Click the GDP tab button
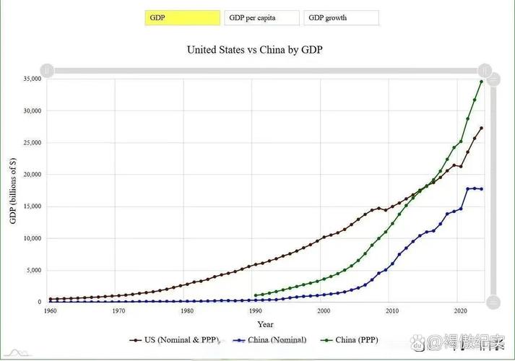pyautogui.click(x=182, y=18)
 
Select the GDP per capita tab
pyautogui.click(x=262, y=18)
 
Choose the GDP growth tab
pyautogui.click(x=341, y=18)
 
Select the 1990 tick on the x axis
pyautogui.click(x=255, y=310)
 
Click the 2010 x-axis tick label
pyautogui.click(x=392, y=310)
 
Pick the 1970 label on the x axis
pyautogui.click(x=118, y=310)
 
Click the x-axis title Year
pyautogui.click(x=265, y=324)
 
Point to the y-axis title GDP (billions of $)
pyautogui.click(x=13, y=190)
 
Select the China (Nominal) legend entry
pyautogui.click(x=270, y=339)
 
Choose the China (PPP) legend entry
pyautogui.click(x=353, y=339)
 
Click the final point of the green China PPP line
pyautogui.click(x=482, y=82)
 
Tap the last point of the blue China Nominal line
pyautogui.click(x=482, y=189)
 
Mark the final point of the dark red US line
pyautogui.click(x=482, y=129)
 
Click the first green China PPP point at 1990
pyautogui.click(x=256, y=295)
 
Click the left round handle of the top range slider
pyautogui.click(x=47, y=70)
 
